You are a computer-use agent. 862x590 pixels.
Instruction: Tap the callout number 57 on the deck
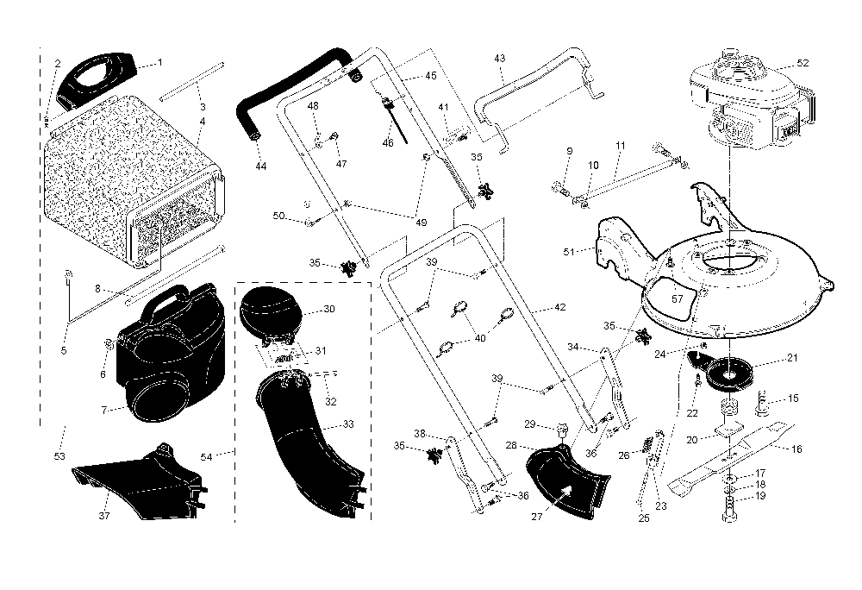click(x=678, y=298)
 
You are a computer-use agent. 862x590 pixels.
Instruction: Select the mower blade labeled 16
click(x=731, y=456)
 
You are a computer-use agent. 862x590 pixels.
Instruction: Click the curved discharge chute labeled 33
click(x=308, y=440)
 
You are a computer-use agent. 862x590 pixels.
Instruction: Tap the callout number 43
click(x=500, y=58)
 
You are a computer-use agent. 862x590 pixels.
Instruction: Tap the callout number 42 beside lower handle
click(x=559, y=307)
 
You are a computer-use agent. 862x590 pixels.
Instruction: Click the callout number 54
click(x=206, y=457)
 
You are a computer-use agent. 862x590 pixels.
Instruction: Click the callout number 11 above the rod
click(x=621, y=146)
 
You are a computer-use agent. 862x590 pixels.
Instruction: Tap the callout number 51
click(x=568, y=252)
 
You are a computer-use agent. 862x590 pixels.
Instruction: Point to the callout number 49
click(x=422, y=223)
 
